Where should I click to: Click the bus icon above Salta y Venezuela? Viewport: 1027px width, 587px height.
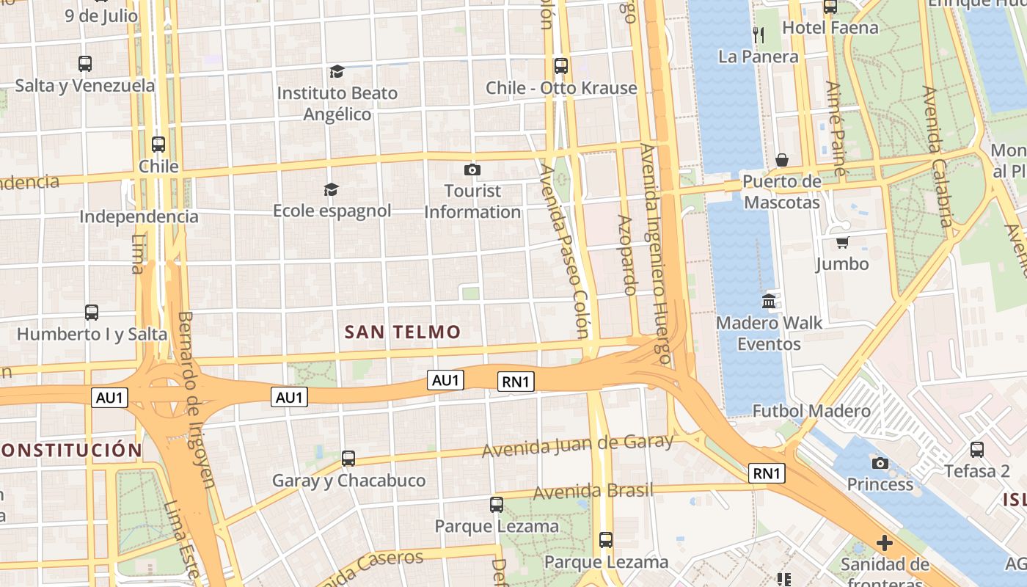coord(85,64)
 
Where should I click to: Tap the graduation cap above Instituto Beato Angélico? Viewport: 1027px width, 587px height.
coord(337,71)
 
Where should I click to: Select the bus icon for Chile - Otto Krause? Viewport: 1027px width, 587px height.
coord(561,66)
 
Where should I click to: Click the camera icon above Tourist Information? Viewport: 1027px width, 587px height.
coord(472,170)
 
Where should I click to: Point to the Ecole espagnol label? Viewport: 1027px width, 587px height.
coord(332,211)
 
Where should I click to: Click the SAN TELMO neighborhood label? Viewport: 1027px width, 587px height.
coord(403,332)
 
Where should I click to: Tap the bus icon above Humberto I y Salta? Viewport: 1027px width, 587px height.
coord(92,313)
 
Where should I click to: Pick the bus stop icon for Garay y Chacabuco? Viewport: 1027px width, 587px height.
coord(348,459)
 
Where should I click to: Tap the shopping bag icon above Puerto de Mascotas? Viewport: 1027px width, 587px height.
coord(782,160)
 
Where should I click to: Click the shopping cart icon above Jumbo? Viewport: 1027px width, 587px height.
coord(842,242)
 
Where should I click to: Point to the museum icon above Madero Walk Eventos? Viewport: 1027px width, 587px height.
coord(769,301)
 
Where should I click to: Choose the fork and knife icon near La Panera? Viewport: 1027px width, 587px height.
coord(759,34)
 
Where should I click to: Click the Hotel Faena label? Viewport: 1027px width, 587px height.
coord(830,28)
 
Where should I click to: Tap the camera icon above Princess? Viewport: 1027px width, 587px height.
coord(880,463)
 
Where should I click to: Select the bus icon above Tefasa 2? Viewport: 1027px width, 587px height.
coord(977,450)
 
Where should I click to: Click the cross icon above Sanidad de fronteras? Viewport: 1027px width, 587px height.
coord(885,543)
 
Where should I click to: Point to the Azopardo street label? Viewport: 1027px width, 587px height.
coord(627,255)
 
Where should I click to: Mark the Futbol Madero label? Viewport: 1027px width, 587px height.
coord(812,411)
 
